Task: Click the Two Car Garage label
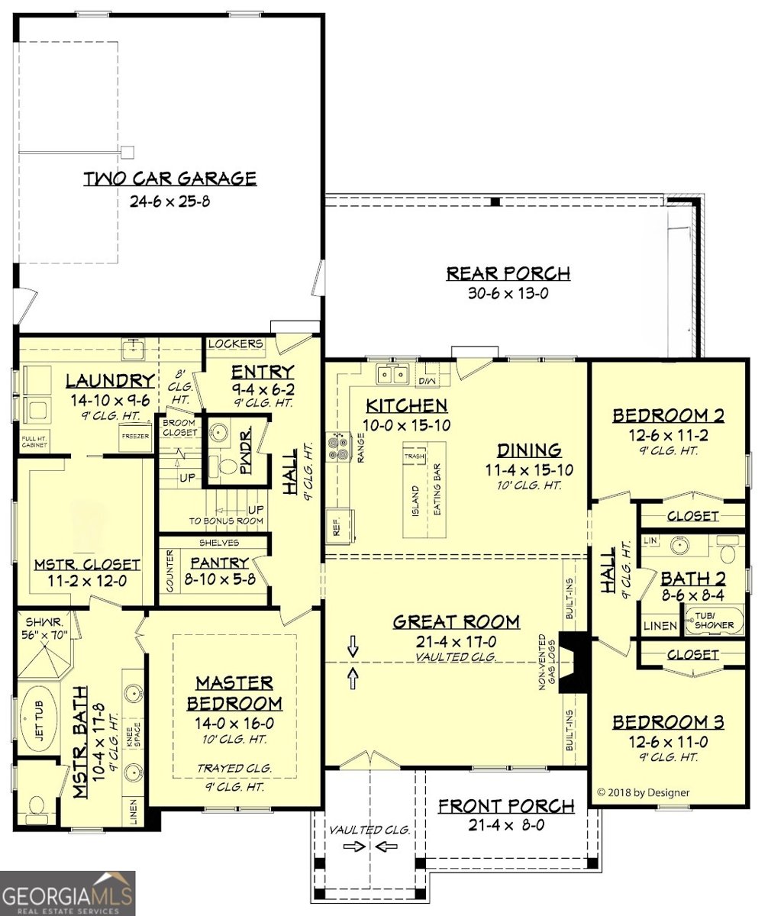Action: point(169,179)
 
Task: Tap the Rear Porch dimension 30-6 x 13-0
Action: point(508,293)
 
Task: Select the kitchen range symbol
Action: point(337,447)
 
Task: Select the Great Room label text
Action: point(456,621)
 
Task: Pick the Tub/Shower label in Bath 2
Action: point(714,621)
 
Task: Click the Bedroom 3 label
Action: point(669,721)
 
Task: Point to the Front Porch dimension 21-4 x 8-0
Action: point(505,824)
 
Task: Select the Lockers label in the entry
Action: point(236,344)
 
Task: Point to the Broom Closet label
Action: point(179,427)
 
